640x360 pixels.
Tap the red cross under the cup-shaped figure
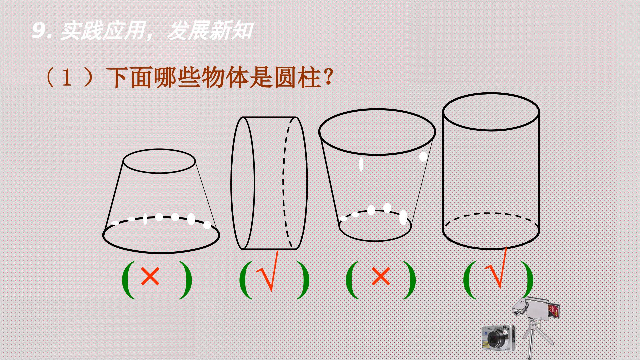click(381, 277)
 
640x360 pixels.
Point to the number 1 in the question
click(67, 78)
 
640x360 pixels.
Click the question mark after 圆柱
click(328, 77)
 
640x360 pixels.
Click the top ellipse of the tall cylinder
click(491, 93)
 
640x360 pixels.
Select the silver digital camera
click(498, 338)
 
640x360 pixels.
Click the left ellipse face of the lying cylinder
click(231, 183)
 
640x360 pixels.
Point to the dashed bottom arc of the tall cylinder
click(491, 213)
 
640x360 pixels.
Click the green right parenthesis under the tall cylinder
click(527, 280)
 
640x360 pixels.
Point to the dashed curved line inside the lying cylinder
click(284, 183)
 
